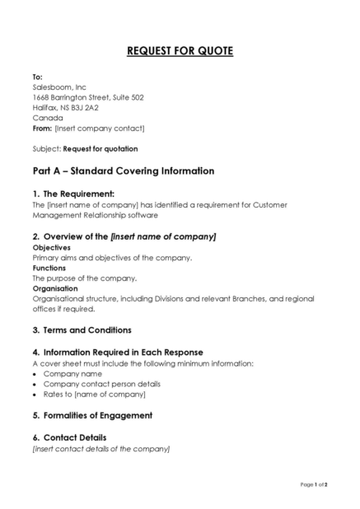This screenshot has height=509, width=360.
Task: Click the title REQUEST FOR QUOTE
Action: pos(180,52)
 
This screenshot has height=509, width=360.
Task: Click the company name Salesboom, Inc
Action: pos(59,86)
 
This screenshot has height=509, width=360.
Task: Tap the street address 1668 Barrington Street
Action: pos(88,97)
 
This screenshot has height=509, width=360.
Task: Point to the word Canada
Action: pos(48,118)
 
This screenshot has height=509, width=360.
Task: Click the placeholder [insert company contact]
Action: pos(100,128)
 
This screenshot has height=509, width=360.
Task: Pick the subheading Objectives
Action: pos(52,247)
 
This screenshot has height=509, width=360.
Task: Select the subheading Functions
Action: pos(49,268)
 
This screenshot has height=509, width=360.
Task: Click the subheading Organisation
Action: pos(55,288)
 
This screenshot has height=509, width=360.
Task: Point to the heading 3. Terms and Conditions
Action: pos(82,330)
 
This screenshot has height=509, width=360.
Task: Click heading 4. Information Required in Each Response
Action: pos(118,352)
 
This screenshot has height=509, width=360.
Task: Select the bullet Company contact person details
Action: pos(102,384)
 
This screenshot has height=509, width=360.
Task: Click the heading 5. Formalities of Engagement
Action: pos(92,415)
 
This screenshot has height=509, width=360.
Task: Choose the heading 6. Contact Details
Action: pos(69,437)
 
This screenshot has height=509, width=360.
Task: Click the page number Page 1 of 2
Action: pos(314,485)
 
